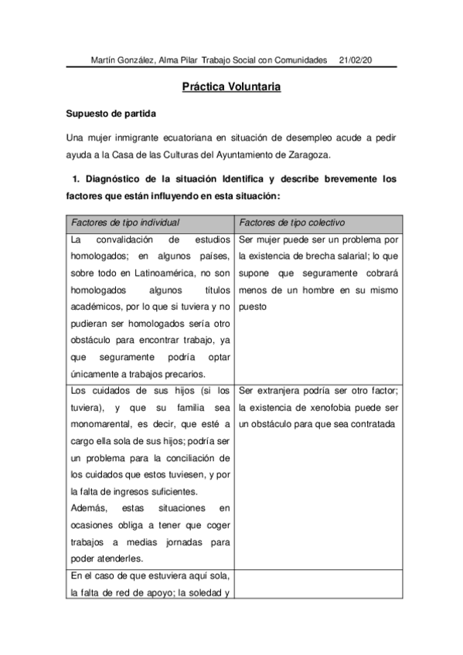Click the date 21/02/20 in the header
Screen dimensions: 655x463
[356, 59]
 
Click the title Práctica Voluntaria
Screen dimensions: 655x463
[231, 87]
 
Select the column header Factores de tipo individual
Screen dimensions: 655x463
[125, 222]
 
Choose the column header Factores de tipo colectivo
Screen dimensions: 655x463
[291, 222]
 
